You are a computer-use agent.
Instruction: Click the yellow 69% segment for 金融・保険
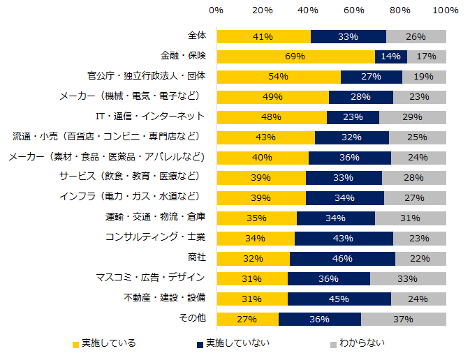[295, 57]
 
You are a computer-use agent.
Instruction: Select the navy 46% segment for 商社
[342, 259]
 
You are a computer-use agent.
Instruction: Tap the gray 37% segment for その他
[403, 320]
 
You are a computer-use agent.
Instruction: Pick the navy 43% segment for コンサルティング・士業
[344, 239]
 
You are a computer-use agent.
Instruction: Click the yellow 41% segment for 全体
[263, 36]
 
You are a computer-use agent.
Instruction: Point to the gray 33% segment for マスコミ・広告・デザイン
[408, 279]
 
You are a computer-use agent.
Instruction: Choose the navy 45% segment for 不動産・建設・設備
[339, 299]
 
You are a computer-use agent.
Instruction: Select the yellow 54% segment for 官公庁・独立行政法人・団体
[279, 77]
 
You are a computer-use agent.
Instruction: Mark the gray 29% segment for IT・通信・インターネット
[412, 117]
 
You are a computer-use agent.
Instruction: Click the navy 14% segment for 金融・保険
[390, 57]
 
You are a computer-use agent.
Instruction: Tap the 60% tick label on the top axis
[354, 10]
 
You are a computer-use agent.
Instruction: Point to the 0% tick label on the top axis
[216, 10]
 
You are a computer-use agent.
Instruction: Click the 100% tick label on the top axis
[446, 10]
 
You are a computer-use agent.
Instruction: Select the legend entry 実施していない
[238, 343]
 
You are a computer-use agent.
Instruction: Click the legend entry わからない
[362, 343]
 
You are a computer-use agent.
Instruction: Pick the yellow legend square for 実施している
[75, 344]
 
